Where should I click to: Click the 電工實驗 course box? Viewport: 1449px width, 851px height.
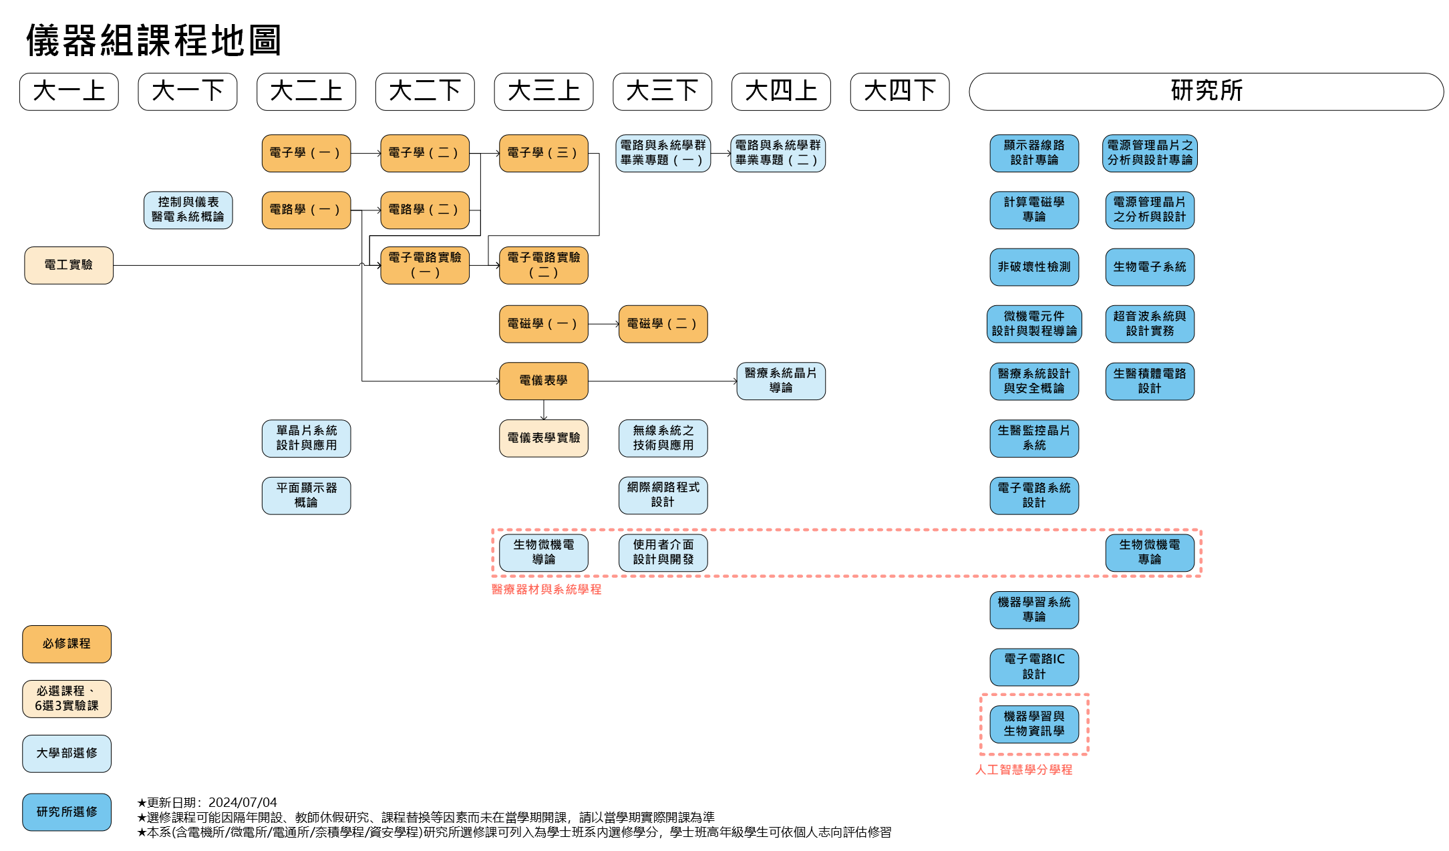69,265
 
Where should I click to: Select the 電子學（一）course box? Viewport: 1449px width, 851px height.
306,153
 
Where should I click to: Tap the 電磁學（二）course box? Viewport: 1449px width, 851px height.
663,324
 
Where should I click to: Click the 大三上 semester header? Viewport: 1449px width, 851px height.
543,92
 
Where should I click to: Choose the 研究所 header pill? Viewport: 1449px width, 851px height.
1206,92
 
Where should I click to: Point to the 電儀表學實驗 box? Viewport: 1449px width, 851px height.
543,438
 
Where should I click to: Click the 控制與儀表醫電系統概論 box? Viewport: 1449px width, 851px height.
188,210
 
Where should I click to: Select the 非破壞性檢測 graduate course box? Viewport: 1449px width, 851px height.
1033,267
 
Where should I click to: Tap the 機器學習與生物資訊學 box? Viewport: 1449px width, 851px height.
1033,724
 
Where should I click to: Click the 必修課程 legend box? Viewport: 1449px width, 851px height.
67,644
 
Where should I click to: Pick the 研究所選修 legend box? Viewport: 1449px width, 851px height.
67,812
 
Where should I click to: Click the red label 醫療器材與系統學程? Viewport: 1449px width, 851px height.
546,589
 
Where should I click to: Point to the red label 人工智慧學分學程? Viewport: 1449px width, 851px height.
1023,770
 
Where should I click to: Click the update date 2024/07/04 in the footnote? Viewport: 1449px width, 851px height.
243,802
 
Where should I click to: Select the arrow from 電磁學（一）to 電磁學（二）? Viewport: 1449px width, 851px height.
603,324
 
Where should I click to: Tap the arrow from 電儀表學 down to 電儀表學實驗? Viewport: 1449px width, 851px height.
544,409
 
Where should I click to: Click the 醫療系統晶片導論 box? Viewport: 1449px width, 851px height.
780,381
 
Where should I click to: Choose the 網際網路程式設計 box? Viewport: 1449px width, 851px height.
663,495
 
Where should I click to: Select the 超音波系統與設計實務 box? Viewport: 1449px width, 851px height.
1149,324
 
